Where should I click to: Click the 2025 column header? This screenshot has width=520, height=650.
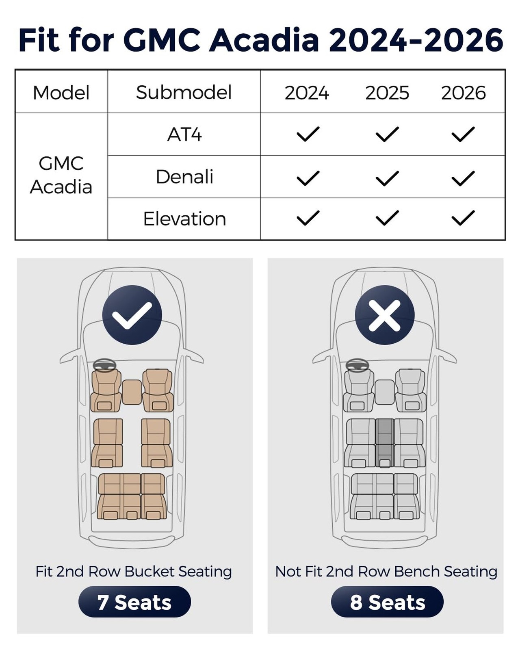click(x=387, y=93)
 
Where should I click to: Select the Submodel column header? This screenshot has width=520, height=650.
click(x=184, y=92)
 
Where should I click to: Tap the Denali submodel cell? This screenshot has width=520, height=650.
click(x=184, y=177)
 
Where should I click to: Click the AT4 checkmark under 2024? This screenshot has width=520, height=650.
click(x=308, y=134)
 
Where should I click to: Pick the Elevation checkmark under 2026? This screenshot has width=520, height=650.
click(x=463, y=218)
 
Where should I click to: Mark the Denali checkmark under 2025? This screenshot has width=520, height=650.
click(x=387, y=178)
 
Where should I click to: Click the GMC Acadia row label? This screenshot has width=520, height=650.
click(x=61, y=175)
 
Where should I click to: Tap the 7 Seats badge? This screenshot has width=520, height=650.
click(x=134, y=602)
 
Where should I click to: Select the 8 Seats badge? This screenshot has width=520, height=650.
click(x=387, y=602)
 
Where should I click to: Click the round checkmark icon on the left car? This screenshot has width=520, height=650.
click(x=132, y=315)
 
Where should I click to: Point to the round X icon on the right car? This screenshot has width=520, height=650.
click(x=385, y=315)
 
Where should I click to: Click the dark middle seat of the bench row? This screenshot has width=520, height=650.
click(x=384, y=443)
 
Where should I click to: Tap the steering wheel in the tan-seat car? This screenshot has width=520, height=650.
click(x=105, y=365)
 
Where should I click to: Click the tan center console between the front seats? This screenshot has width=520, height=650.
click(x=132, y=392)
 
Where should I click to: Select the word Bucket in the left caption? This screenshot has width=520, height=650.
click(x=151, y=571)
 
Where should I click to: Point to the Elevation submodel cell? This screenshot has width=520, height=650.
click(x=184, y=219)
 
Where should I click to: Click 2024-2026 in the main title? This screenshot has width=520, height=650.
click(x=416, y=40)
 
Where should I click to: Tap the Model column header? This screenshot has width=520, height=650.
click(x=61, y=93)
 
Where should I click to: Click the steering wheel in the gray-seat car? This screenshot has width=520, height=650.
click(x=357, y=365)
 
